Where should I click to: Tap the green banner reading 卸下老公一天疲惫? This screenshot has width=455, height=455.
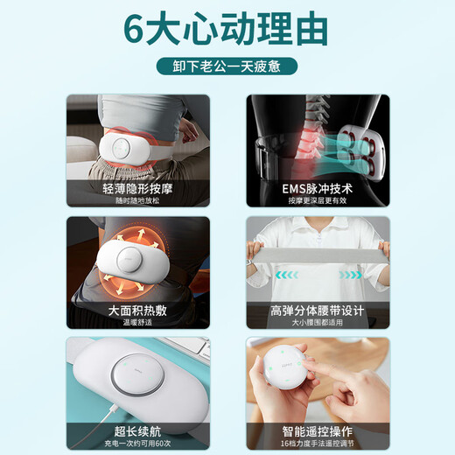click(x=227, y=66)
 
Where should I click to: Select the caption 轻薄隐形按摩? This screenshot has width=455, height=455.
click(x=137, y=187)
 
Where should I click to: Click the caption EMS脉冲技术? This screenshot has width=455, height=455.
click(x=317, y=187)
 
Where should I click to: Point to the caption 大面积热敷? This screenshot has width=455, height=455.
click(x=137, y=309)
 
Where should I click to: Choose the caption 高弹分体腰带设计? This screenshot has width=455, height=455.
click(x=317, y=309)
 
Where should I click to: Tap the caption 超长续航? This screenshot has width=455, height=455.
click(x=137, y=430)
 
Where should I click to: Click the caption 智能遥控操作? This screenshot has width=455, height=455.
click(x=317, y=430)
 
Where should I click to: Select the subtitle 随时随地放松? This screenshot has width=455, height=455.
click(x=137, y=201)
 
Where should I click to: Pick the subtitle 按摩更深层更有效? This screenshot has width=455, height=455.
click(x=317, y=201)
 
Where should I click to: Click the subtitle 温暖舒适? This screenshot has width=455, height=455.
click(x=137, y=322)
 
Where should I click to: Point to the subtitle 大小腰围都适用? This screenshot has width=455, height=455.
click(x=317, y=322)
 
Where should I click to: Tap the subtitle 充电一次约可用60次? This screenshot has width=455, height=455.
click(x=137, y=443)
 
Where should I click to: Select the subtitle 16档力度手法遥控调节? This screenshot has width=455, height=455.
click(x=317, y=443)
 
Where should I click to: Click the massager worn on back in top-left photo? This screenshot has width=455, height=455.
click(x=131, y=144)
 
